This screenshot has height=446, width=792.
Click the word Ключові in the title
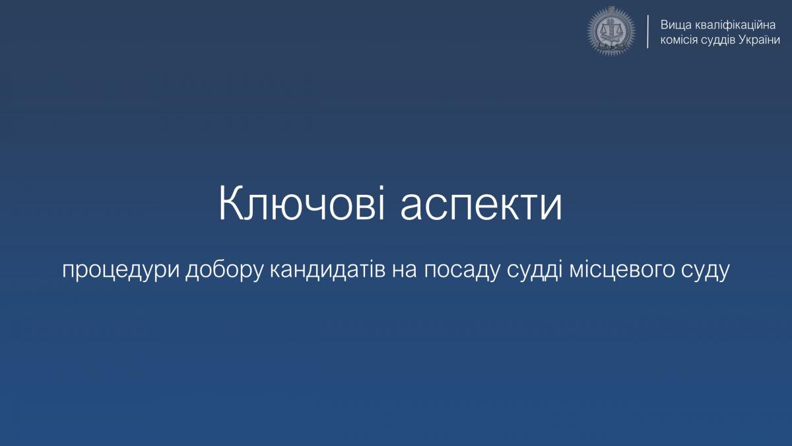tap(302, 203)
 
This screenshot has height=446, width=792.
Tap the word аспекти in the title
tap(481, 207)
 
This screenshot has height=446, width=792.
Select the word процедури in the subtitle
tap(120, 272)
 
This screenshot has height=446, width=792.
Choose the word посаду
tap(462, 272)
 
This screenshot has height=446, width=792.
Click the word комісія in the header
tap(679, 40)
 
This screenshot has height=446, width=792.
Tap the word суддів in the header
tap(718, 40)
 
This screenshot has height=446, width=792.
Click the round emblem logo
tap(611, 31)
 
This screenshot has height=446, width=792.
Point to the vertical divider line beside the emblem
tap(647, 32)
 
